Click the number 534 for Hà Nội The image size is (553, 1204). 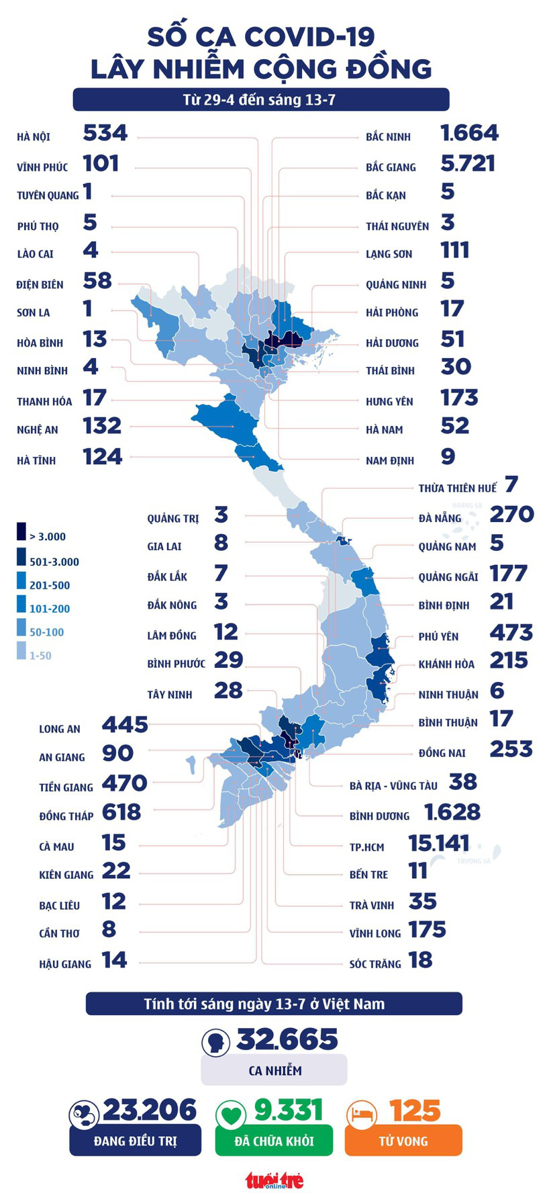click(x=105, y=133)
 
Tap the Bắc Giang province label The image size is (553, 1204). click(x=391, y=167)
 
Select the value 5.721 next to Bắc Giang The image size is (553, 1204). click(x=468, y=163)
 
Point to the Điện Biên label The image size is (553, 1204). click(x=40, y=285)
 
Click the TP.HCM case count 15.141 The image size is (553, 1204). click(x=439, y=843)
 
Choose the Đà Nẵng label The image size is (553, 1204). click(x=440, y=519)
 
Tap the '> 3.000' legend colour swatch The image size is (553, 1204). click(x=21, y=532)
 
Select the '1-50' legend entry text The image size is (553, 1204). click(x=40, y=656)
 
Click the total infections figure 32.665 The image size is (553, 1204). click(x=287, y=1040)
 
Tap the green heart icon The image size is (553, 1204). click(x=231, y=1116)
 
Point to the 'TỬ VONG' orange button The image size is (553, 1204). click(x=403, y=1141)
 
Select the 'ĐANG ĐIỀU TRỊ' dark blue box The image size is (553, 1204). click(x=135, y=1141)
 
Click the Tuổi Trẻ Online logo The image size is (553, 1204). click(x=274, y=1180)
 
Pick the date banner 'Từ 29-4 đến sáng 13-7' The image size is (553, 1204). click(x=260, y=100)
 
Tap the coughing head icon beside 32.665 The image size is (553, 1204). click(x=216, y=1043)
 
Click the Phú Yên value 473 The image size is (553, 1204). click(x=511, y=633)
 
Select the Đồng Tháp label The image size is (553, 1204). click(x=66, y=816)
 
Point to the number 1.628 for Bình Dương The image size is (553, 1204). click(x=452, y=812)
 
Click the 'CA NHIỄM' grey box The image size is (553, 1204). click(x=274, y=1071)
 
